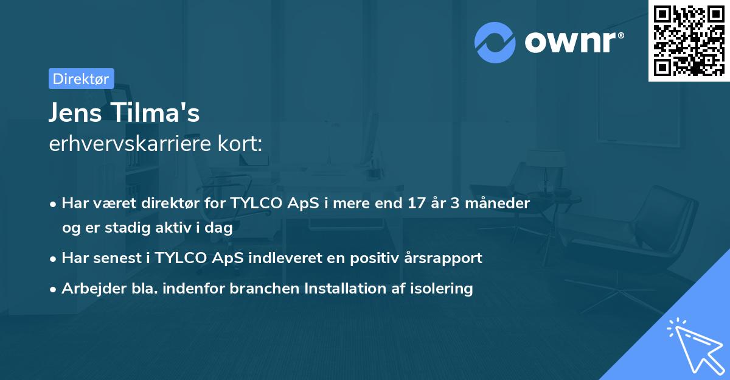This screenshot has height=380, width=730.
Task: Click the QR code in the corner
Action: coord(689,41)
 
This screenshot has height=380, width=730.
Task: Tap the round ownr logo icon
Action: coord(495,42)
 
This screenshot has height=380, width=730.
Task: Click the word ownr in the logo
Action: coord(572,42)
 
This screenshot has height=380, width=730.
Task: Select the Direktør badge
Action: coord(81,78)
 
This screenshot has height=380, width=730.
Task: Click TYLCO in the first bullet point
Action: coord(255,203)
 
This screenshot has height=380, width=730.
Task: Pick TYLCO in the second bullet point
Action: coord(179,258)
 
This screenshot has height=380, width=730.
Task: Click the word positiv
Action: coord(372,258)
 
